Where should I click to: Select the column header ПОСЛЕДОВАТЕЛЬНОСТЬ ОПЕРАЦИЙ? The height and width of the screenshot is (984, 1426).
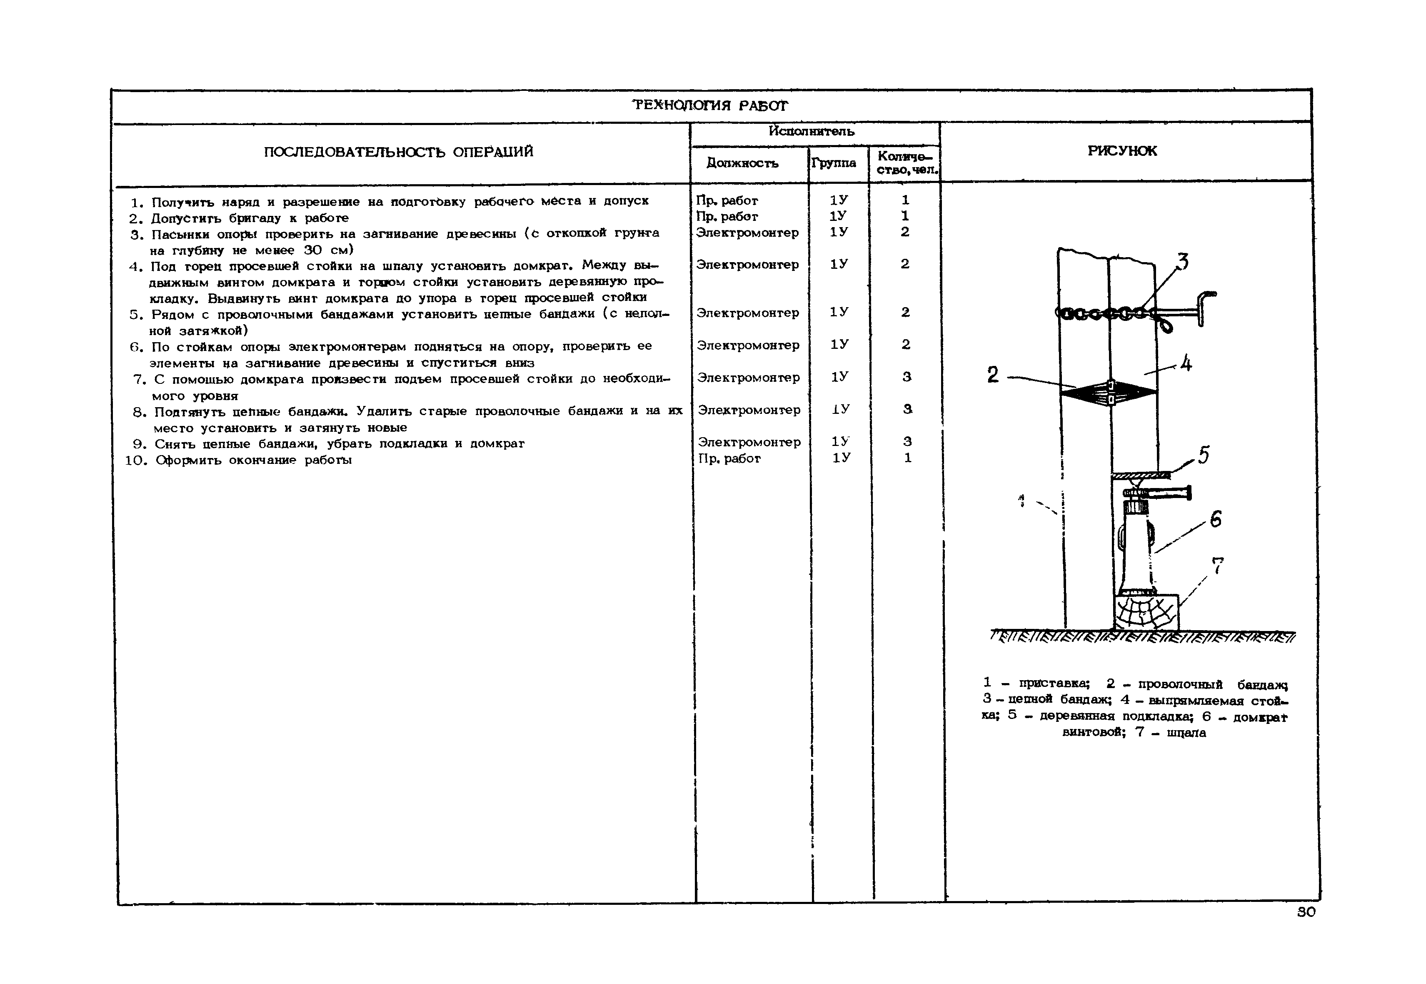click(x=398, y=152)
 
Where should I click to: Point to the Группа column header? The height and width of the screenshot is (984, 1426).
click(x=833, y=163)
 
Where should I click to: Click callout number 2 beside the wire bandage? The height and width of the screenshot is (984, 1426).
click(x=993, y=375)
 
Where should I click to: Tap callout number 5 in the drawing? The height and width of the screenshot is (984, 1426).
click(x=1204, y=455)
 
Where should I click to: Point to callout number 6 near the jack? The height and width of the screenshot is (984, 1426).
click(x=1215, y=519)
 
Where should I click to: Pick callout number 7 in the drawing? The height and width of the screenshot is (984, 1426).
click(x=1218, y=566)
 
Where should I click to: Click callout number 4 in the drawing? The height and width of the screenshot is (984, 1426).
click(x=1186, y=364)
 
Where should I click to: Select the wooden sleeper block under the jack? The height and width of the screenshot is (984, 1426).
click(x=1146, y=612)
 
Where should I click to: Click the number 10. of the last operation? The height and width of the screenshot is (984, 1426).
click(x=136, y=460)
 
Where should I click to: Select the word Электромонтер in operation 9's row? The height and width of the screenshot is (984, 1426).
click(x=749, y=442)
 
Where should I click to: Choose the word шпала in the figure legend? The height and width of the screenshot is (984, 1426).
click(x=1186, y=733)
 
